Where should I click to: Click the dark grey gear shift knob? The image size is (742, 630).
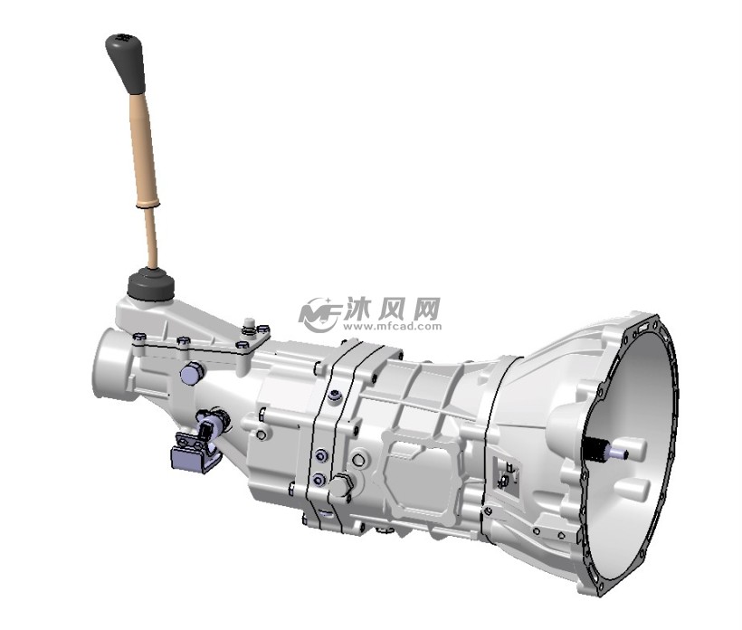click(125, 60)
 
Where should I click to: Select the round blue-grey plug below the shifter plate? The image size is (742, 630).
click(192, 373)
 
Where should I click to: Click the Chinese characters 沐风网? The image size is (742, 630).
click(391, 306)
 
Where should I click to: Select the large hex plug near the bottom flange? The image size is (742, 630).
click(340, 487)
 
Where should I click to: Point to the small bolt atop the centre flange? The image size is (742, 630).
click(335, 395)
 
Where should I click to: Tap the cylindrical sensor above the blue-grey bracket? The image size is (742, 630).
click(214, 424)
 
